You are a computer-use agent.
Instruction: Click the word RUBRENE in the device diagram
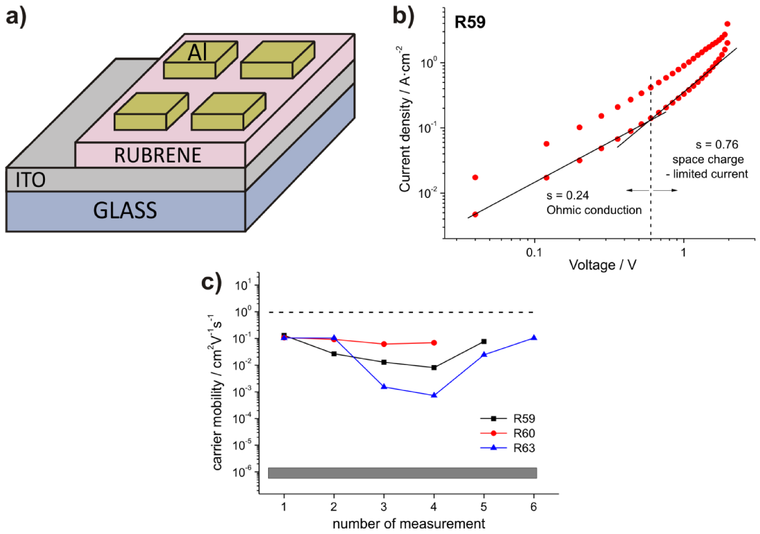[158, 155]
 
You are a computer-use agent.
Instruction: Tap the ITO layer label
[31, 180]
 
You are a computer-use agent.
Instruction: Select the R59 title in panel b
[470, 22]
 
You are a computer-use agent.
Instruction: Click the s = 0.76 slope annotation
[717, 145]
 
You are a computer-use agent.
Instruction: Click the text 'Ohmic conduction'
[594, 210]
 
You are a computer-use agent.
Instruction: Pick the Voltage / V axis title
[602, 265]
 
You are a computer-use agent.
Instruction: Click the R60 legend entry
[524, 433]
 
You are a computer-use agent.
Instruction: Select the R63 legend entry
[524, 448]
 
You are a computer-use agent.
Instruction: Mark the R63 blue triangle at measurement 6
[534, 338]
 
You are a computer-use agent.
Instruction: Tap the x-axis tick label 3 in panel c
[384, 506]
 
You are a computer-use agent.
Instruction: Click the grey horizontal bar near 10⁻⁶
[402, 473]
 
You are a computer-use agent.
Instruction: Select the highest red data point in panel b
[727, 24]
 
